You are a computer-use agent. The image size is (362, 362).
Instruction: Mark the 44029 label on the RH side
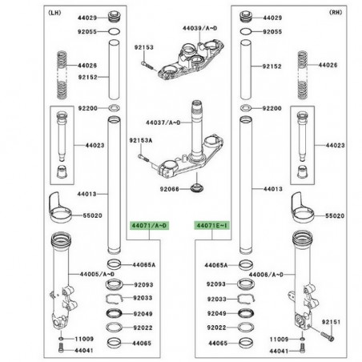pyautogui.click(x=273, y=17)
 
